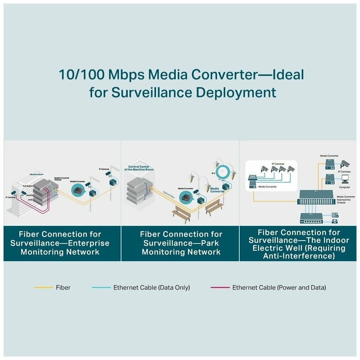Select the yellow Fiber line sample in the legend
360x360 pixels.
[x=43, y=288]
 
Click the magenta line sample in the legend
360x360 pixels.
[x=220, y=288]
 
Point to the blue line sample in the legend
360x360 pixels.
[x=101, y=288]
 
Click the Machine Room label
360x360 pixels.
[x=36, y=174]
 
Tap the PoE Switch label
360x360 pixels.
[x=28, y=186]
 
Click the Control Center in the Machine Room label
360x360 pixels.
[x=141, y=168]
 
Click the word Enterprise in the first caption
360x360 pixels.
[x=87, y=243]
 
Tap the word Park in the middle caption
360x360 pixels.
[x=211, y=243]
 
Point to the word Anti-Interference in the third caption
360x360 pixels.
[x=299, y=256]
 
